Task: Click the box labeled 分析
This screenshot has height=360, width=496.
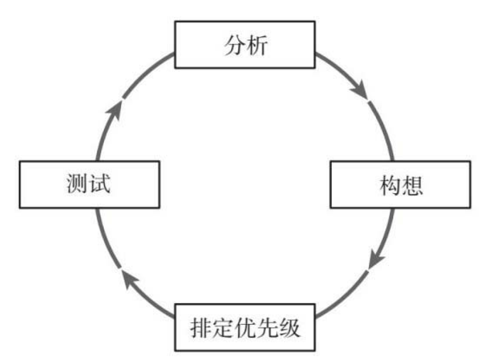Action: coord(245,45)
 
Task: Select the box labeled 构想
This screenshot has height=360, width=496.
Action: coord(400,185)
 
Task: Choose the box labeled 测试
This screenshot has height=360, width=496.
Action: coord(89,185)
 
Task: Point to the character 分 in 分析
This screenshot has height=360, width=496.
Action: coord(234,46)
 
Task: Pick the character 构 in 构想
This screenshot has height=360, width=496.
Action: coord(389,186)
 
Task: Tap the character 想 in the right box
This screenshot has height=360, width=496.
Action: coord(412,186)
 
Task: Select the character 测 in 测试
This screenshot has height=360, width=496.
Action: coord(78,185)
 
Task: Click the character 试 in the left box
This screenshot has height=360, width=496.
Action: coord(101,185)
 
